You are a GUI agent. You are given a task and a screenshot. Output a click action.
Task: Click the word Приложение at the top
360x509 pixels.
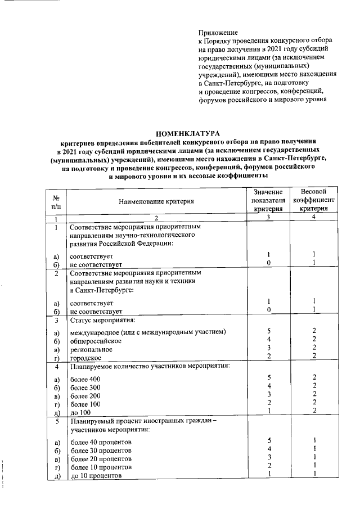(x=218, y=33)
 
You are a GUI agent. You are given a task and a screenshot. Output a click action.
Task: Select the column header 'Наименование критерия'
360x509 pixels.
(x=156, y=201)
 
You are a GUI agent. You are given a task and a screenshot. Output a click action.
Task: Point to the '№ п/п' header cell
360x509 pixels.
(x=56, y=201)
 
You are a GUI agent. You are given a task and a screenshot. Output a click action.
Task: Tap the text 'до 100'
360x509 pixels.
(x=80, y=412)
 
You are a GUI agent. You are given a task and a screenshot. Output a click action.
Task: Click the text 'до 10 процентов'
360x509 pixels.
(x=96, y=475)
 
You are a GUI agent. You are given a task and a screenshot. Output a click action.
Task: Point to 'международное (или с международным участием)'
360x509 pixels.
(x=148, y=332)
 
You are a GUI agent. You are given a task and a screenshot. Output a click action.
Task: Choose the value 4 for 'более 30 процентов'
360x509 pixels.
(x=269, y=449)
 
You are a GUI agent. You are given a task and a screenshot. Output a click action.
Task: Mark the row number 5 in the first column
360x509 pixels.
(x=56, y=421)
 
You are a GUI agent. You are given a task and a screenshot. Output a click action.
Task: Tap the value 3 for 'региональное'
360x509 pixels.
(x=269, y=349)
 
